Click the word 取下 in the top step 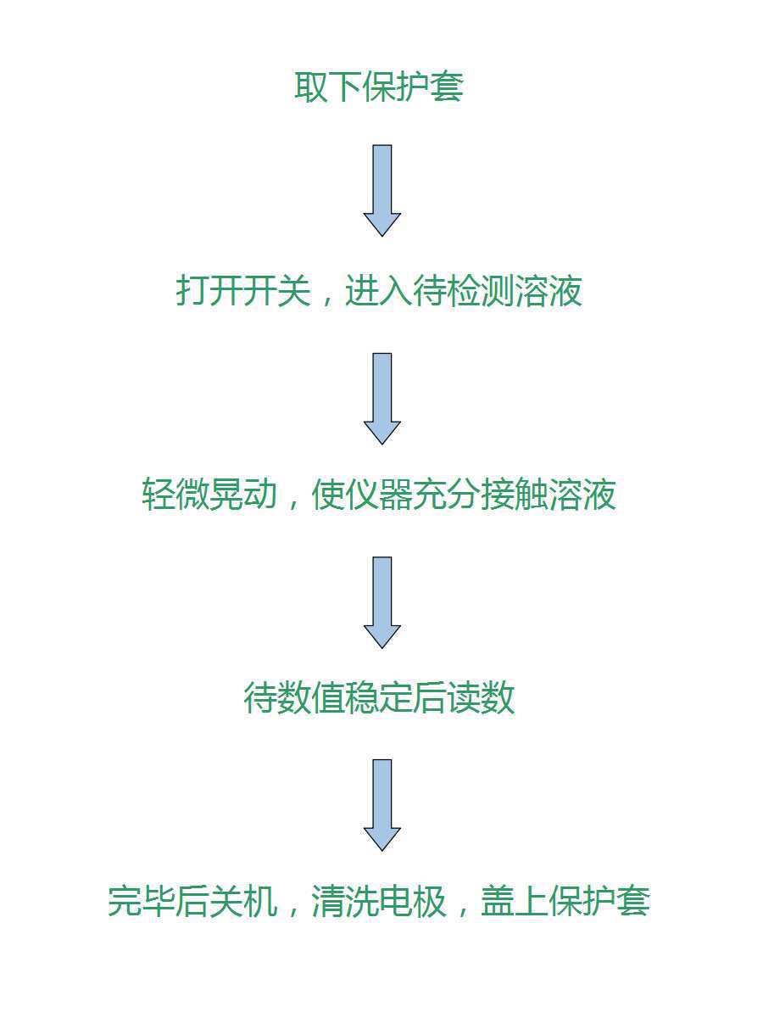(x=328, y=87)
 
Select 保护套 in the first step (x=413, y=87)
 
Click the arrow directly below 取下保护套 (x=382, y=190)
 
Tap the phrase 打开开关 (x=243, y=292)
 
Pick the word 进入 (x=378, y=292)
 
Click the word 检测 (x=480, y=292)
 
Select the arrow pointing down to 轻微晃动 (x=382, y=398)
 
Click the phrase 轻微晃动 (x=209, y=495)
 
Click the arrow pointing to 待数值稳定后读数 (x=382, y=602)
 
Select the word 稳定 (x=379, y=699)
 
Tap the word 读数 (x=481, y=699)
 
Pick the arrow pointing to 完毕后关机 (x=382, y=804)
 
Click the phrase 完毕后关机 (x=192, y=902)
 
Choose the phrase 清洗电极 (x=378, y=902)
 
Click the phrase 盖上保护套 (x=565, y=902)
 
